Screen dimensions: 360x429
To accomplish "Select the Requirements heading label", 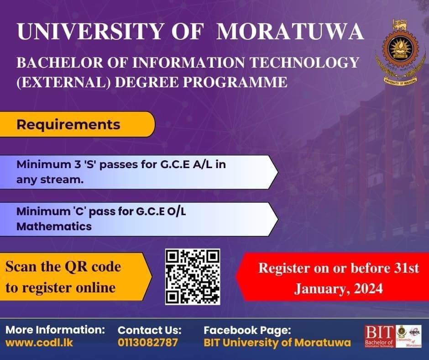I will (68, 125).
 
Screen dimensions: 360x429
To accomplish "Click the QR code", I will (192, 276).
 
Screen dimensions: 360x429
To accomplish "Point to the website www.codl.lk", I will (39, 342).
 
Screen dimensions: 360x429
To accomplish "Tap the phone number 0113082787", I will (148, 342).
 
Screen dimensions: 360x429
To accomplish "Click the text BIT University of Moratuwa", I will (277, 342).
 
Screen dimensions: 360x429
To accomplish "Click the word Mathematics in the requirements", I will (54, 226).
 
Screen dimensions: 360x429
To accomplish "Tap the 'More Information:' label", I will (55, 329).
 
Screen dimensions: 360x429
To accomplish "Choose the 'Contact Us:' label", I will (150, 330).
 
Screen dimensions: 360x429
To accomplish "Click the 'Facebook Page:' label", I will (247, 330).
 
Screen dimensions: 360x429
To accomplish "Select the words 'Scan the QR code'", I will (63, 266).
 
